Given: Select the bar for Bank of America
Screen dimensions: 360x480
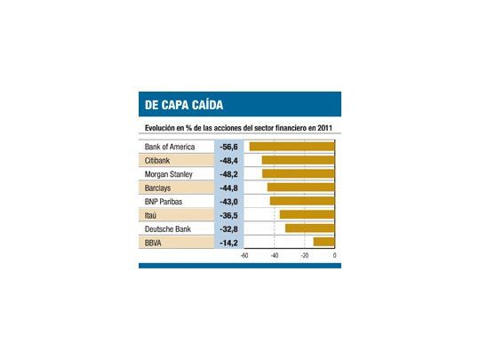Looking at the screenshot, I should click(292, 147).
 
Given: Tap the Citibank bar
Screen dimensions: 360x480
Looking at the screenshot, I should click(298, 160).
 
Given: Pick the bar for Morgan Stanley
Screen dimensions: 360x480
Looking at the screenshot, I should click(298, 174).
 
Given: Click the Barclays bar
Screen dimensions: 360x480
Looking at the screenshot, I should click(300, 188).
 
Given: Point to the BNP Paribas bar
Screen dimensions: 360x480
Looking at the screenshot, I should click(302, 201).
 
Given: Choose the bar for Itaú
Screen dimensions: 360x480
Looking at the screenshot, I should click(307, 214).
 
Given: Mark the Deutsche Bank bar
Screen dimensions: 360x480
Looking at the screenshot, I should click(309, 228).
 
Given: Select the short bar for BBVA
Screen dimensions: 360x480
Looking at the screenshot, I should click(324, 242).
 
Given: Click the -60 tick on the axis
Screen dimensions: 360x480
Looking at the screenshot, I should click(244, 256).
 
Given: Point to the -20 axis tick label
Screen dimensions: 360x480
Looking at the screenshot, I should click(304, 256).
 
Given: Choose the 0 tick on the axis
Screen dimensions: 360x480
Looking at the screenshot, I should click(334, 256).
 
